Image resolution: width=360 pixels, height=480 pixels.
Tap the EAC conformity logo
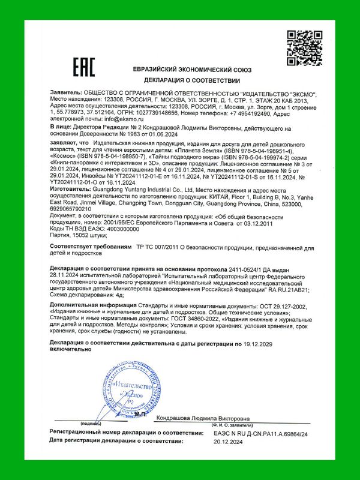tap(83, 67)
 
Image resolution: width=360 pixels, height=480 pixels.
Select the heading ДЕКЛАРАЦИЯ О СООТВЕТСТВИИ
tap(191, 80)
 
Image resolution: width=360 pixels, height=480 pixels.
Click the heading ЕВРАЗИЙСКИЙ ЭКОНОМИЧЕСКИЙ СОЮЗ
tap(192, 68)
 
